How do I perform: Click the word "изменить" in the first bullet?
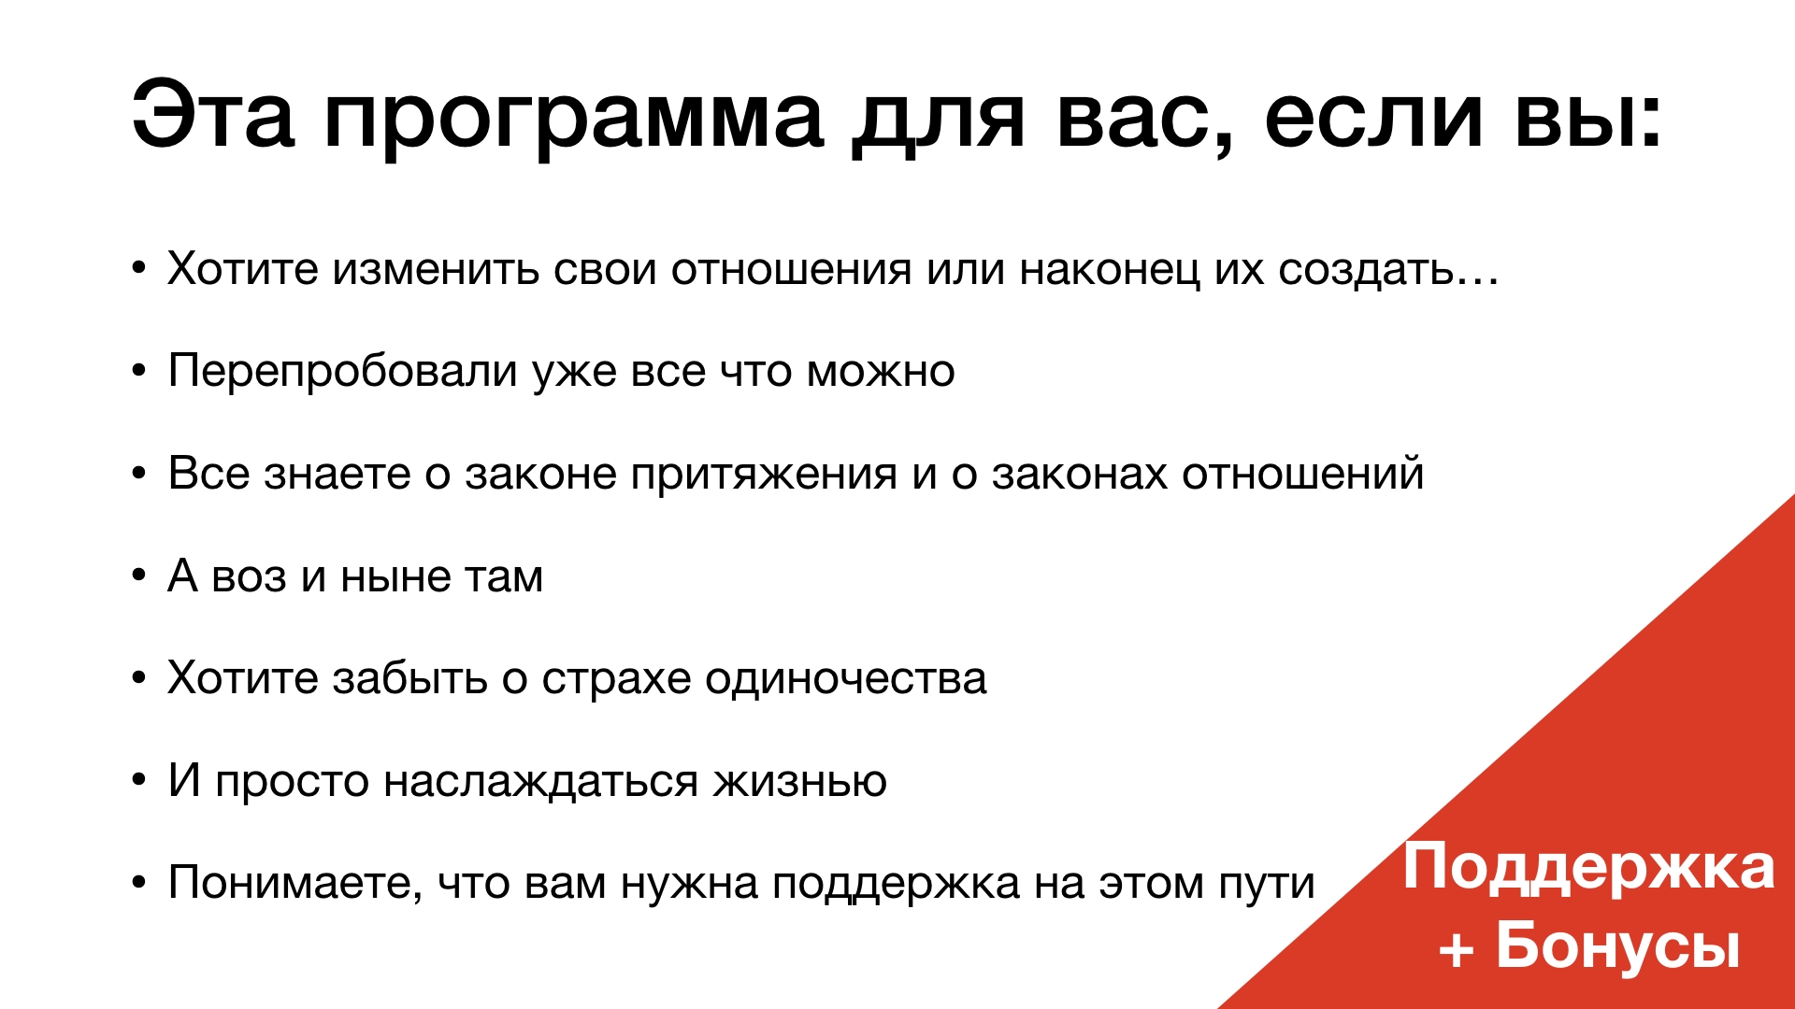pos(436,269)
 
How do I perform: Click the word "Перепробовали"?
pos(342,372)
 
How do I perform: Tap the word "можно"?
pos(881,372)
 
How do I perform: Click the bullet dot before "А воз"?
pos(139,575)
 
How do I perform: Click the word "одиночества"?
pos(846,679)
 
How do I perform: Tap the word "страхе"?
pos(616,683)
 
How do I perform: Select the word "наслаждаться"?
pos(540,783)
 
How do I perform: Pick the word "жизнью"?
pos(800,782)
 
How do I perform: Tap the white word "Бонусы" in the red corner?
pos(1617,945)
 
